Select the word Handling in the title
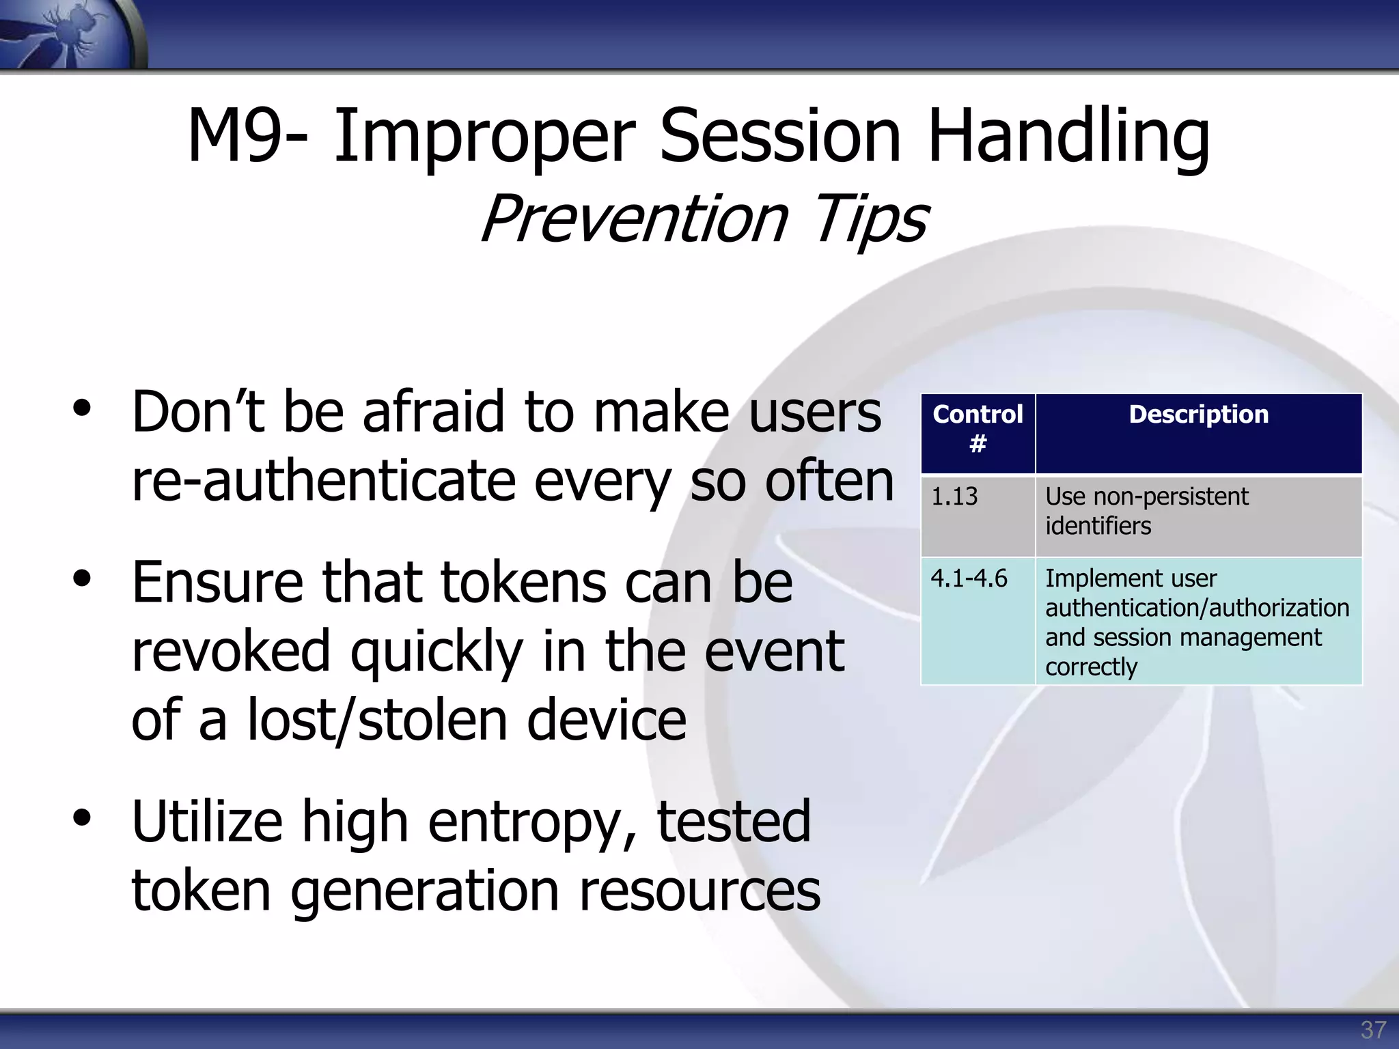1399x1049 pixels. click(x=1068, y=137)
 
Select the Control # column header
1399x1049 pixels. click(x=978, y=429)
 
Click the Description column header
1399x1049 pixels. click(x=1198, y=415)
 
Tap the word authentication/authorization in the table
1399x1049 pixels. click(x=1197, y=608)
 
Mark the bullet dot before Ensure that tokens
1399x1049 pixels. click(x=82, y=579)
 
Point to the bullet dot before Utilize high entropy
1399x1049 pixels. click(x=82, y=818)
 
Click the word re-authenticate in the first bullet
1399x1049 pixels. click(x=323, y=481)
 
